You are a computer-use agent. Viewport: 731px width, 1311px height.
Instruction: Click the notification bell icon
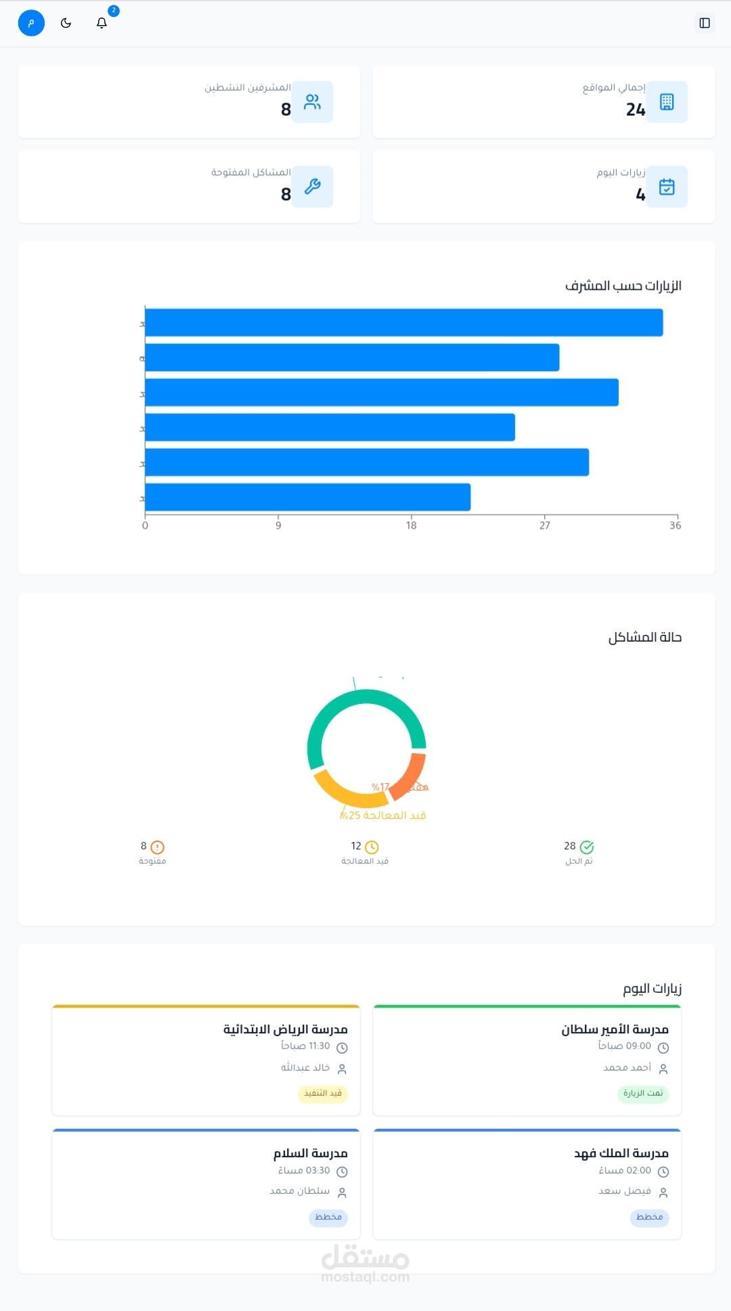[102, 23]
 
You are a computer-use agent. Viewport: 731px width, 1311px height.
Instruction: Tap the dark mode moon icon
[66, 23]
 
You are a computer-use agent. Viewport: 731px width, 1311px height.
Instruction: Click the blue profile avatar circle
[31, 23]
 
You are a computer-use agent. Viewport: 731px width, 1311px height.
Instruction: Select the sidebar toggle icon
[705, 23]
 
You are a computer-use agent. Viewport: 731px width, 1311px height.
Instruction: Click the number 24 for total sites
[636, 110]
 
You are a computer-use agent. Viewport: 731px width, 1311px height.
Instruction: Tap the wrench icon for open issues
[313, 186]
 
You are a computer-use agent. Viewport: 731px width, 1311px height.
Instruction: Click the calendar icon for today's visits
[667, 186]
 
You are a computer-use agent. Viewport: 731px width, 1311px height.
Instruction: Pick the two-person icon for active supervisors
[313, 102]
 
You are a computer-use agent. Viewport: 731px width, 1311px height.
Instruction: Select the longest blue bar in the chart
[403, 323]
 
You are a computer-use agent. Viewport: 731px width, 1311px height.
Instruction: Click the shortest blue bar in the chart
[307, 497]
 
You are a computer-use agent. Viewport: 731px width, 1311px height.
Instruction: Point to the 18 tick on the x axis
[412, 525]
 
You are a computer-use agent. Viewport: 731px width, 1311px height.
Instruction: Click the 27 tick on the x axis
[545, 525]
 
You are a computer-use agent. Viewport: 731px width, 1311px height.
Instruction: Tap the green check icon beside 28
[587, 847]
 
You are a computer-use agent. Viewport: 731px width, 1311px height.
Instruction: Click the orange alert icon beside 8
[158, 847]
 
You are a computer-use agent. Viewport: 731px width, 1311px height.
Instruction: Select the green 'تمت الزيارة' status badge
[643, 1093]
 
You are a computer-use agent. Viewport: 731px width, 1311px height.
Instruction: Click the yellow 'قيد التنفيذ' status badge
[323, 1093]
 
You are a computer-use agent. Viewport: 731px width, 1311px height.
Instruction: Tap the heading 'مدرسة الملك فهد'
[621, 1153]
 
